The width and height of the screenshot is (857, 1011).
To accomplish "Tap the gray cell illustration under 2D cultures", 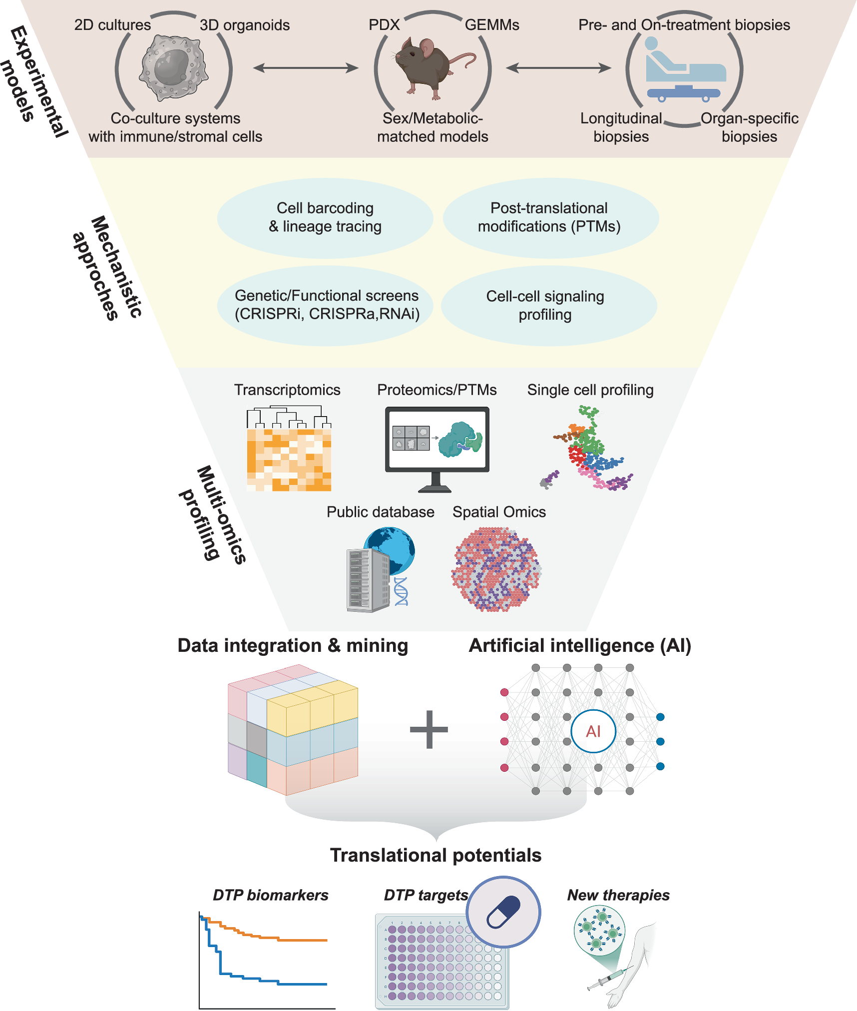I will pos(173,67).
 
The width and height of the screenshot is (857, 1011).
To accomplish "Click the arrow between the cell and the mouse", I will pos(306,67).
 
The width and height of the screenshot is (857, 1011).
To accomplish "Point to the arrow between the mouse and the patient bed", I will pos(558,67).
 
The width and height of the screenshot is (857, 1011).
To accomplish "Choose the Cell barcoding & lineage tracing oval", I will pos(325,218).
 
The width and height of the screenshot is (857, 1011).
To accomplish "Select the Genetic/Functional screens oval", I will pos(325,305).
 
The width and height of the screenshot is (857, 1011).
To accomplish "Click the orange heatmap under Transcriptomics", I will pos(289,460).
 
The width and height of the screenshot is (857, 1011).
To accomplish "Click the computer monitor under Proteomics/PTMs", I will pos(437,440).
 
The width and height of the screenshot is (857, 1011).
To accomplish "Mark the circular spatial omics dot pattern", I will pos(496,569).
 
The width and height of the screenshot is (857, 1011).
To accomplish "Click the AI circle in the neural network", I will pos(593,731).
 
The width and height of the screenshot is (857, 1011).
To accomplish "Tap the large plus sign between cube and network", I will pos(429,729).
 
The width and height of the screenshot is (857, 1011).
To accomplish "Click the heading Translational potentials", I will pos(435,855).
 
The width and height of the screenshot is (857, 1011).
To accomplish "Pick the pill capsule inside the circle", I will pos(503,912).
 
